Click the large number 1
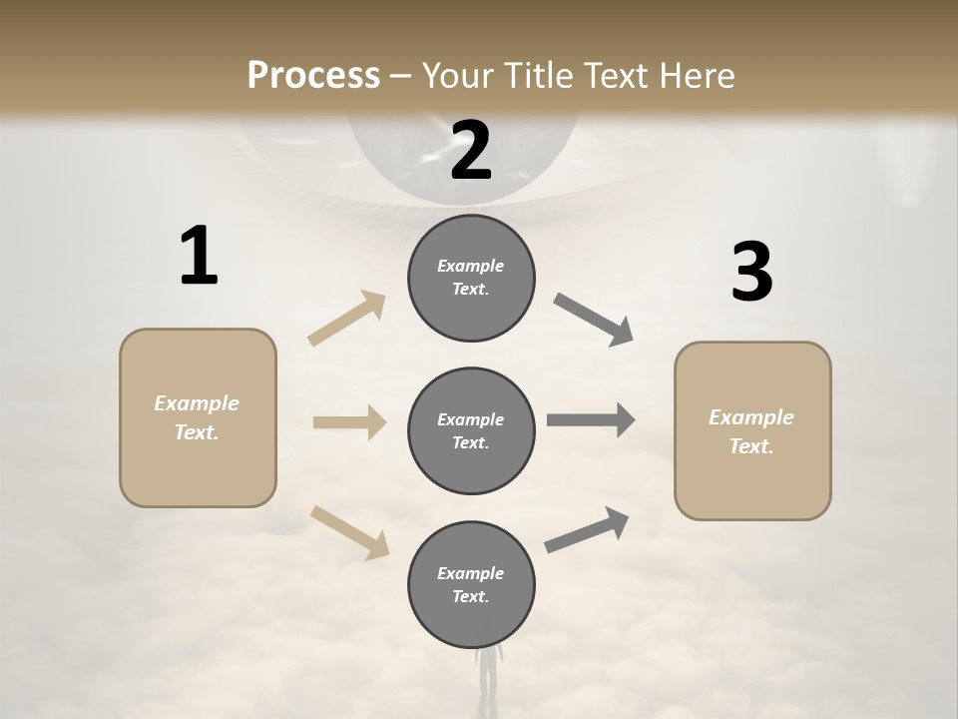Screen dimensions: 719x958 point(199,256)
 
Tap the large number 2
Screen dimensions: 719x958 point(471,151)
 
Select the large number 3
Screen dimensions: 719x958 point(751,273)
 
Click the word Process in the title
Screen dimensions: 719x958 point(313,76)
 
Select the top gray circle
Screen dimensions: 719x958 point(471,278)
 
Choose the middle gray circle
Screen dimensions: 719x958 point(471,430)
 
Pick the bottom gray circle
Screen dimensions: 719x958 point(471,584)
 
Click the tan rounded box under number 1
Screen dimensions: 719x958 point(198,417)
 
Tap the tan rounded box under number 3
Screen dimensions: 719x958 point(752,430)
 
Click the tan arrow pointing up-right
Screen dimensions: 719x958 point(347,318)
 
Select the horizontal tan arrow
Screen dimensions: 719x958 point(349,422)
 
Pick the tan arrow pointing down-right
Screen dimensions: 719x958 point(349,531)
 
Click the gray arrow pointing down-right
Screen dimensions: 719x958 point(594,319)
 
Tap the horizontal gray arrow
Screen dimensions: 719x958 point(591,420)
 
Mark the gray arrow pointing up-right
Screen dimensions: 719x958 point(587,530)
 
